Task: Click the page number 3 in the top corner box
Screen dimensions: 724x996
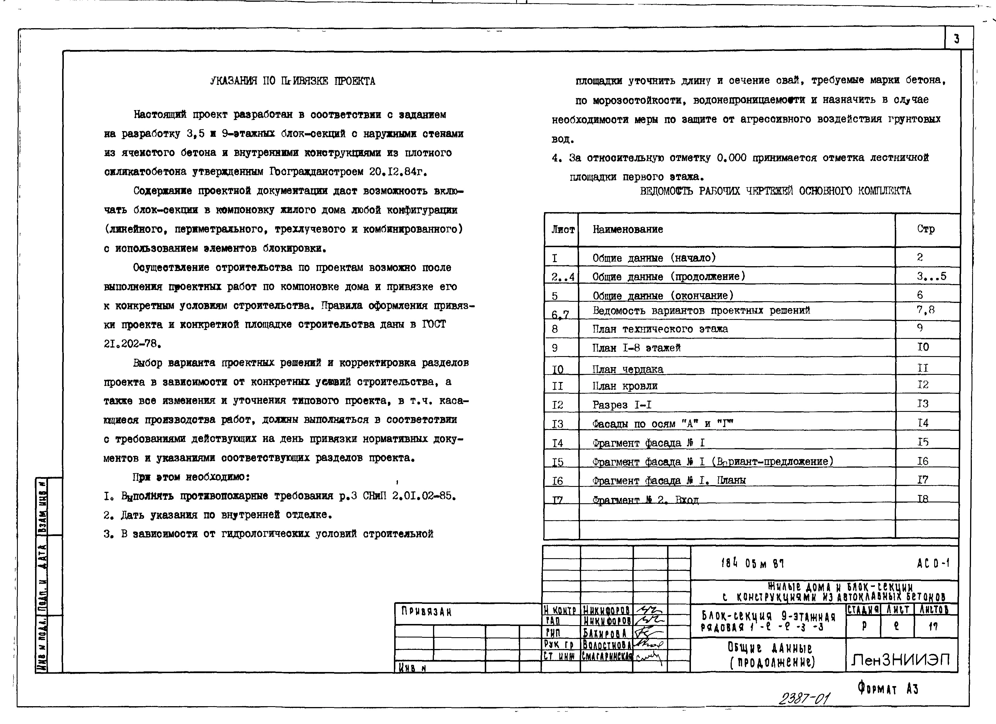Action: point(957,39)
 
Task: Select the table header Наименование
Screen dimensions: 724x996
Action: point(628,229)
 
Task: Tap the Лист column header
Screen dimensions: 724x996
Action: point(563,229)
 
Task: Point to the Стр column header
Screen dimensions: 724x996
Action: point(926,229)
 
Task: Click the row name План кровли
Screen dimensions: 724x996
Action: point(625,386)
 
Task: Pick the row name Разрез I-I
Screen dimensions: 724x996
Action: point(622,405)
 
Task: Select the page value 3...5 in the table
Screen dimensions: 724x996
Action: point(931,276)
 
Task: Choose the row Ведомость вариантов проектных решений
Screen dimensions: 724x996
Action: point(701,310)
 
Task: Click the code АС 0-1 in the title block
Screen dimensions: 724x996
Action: point(933,563)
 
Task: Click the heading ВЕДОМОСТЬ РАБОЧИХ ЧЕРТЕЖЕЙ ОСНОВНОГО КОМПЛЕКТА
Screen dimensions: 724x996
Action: point(775,191)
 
